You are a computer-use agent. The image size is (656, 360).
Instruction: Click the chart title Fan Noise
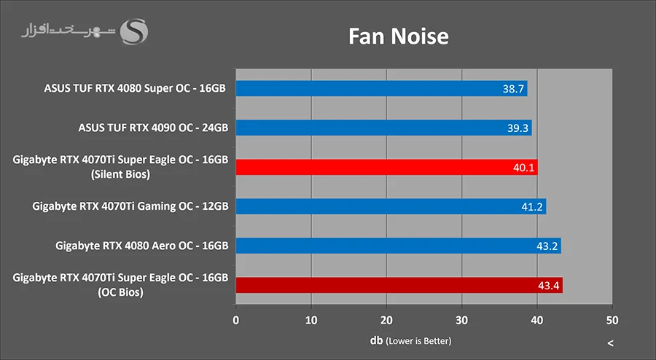tap(397, 35)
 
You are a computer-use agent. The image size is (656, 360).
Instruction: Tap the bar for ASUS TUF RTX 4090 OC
tap(383, 128)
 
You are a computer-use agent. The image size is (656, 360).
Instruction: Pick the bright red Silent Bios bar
tap(386, 168)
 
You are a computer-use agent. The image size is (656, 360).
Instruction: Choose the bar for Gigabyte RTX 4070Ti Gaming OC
tap(391, 207)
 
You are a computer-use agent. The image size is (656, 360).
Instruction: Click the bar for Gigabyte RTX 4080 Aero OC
tap(398, 246)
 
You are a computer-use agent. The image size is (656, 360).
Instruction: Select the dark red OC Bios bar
tap(399, 285)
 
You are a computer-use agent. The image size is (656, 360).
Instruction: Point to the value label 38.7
tap(513, 89)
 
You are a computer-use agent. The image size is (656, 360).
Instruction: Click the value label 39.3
tap(518, 128)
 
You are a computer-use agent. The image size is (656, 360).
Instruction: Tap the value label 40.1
tap(523, 168)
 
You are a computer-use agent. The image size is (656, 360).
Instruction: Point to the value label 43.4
tap(548, 285)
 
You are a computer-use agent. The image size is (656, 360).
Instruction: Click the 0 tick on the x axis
tap(235, 319)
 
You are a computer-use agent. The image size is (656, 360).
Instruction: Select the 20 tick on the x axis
tap(386, 319)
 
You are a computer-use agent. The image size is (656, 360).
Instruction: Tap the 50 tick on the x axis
tap(612, 319)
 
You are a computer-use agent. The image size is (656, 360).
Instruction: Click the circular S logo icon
tap(135, 31)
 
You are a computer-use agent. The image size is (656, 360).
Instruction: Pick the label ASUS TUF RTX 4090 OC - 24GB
tap(153, 128)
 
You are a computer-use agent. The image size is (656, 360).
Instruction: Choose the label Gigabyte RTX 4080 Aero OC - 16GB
tap(141, 246)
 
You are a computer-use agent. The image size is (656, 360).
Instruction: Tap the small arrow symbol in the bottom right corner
tap(610, 343)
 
